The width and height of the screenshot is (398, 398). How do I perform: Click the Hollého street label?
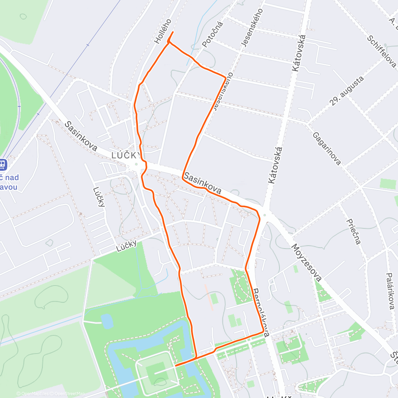[x=163, y=32]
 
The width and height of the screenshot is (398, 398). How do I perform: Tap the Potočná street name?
[x=213, y=34]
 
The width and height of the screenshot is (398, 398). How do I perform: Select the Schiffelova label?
[x=381, y=51]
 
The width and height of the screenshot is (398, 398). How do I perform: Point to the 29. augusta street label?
[x=347, y=91]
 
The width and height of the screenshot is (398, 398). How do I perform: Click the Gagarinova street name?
[x=327, y=148]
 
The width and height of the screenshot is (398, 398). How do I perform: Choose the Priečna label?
[x=353, y=231]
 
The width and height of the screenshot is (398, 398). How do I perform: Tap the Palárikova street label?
[x=390, y=291]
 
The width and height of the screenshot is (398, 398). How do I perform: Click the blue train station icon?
[x=2, y=165]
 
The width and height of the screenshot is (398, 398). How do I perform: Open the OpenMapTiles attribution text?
[x=33, y=394]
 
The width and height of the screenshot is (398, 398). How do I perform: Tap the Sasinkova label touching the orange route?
[x=202, y=183]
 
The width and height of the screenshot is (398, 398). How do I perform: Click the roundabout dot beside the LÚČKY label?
[x=136, y=164]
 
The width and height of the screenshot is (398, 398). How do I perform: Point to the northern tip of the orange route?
[x=173, y=32]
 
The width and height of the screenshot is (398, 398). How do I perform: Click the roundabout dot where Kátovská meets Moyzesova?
[x=264, y=215]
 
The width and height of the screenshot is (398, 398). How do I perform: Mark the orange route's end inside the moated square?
[x=175, y=365]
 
